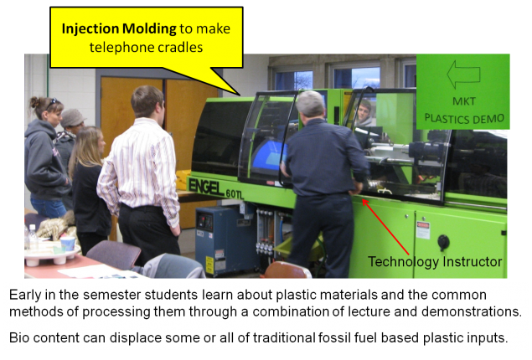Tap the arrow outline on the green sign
pyautogui.click(x=462, y=74)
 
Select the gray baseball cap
pyautogui.click(x=73, y=116)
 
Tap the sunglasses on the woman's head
pyautogui.click(x=46, y=102)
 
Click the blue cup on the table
pyautogui.click(x=68, y=244)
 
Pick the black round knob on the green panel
pyautogui.click(x=443, y=242)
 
